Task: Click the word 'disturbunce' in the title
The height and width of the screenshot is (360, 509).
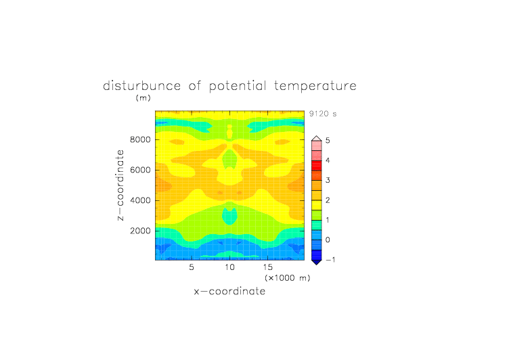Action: pos(142,86)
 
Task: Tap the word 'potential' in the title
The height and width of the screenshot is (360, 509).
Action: pos(238,86)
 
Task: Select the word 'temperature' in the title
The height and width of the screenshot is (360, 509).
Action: pos(315,86)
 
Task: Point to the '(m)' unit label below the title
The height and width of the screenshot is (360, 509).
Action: pos(143,97)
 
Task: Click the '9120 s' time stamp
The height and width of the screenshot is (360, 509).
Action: pos(323,114)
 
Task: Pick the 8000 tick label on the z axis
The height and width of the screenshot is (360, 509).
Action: pos(140,139)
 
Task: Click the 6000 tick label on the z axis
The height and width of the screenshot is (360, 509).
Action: pos(140,170)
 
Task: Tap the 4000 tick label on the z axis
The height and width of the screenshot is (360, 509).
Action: pos(140,200)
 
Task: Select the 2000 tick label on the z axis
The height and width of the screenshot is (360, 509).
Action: pos(140,231)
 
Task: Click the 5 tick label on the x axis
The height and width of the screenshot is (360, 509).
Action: pos(192,267)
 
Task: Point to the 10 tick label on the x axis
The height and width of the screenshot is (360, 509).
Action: pos(230,267)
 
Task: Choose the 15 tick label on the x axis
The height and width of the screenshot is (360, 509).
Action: pos(268,267)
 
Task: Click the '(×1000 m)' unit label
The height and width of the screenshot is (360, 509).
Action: pos(288,278)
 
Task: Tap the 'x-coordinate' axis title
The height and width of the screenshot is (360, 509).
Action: pos(230,291)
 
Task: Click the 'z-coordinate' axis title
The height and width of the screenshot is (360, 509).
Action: pos(120,185)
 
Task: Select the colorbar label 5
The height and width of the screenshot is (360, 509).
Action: pos(328,140)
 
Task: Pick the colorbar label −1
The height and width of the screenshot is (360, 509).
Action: pos(330,260)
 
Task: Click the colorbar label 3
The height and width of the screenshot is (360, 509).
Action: pos(328,180)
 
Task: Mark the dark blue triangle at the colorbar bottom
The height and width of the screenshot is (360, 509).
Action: pos(317,262)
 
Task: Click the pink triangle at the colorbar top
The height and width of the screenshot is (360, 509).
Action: pos(317,139)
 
